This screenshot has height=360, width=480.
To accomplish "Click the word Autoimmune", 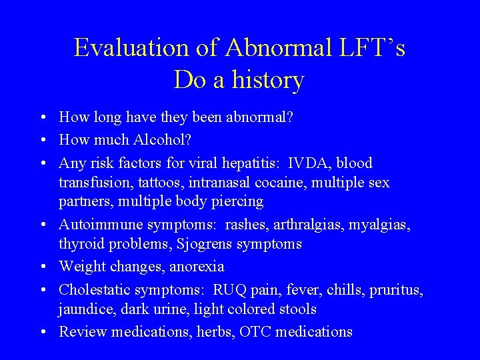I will point(99,225).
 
